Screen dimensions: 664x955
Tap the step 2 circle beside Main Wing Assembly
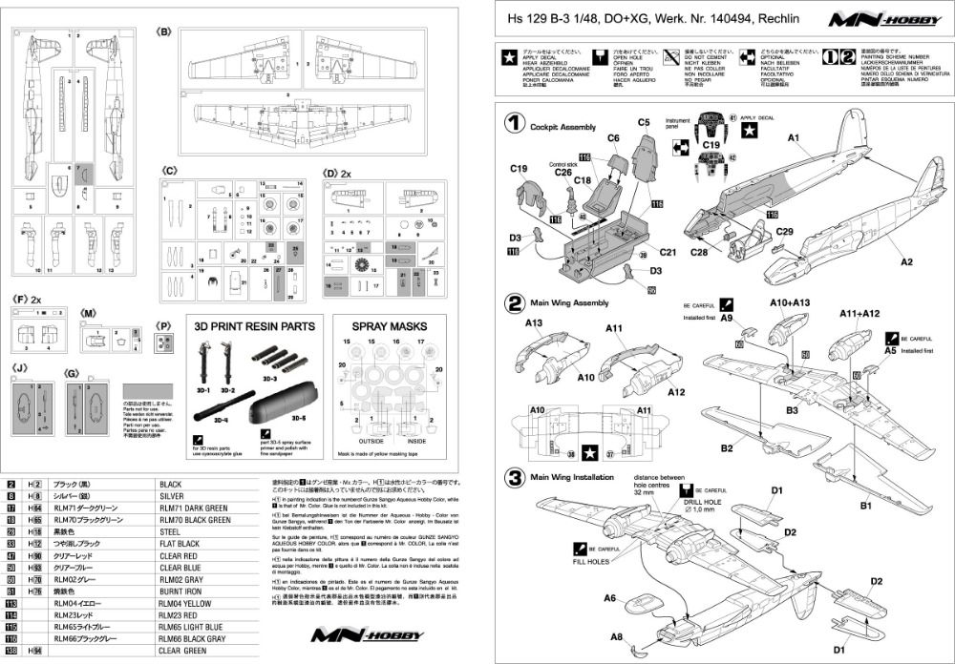click(x=515, y=304)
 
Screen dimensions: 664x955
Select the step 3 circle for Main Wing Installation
click(x=515, y=476)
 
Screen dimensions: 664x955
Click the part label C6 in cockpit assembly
click(x=614, y=138)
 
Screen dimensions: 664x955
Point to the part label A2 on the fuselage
click(x=906, y=261)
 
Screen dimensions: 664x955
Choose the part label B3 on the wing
click(x=792, y=410)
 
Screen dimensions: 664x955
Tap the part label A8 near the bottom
click(x=618, y=636)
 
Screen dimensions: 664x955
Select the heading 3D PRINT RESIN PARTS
click(x=254, y=325)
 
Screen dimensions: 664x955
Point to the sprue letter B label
click(x=163, y=31)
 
